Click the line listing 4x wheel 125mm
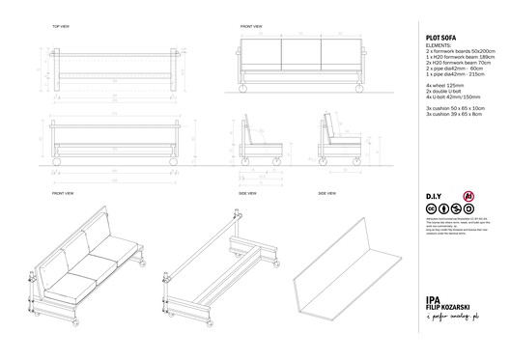coord(446,86)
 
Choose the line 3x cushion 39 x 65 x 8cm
coord(458,115)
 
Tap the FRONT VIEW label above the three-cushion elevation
coord(250,26)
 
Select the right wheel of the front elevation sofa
coord(358,89)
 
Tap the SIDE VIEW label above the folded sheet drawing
coord(326,193)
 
